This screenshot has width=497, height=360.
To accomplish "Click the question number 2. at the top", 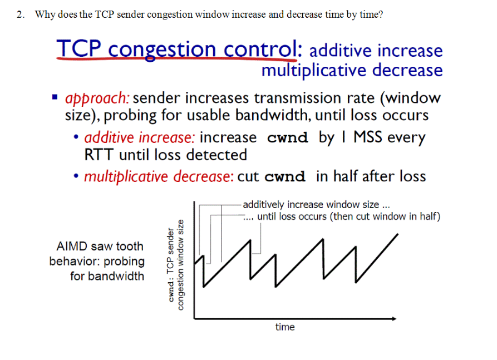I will point(20,14).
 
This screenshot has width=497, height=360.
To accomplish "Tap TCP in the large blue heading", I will point(79,50).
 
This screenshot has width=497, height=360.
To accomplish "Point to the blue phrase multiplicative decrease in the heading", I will point(352,71).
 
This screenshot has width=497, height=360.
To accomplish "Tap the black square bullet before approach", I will point(55,98).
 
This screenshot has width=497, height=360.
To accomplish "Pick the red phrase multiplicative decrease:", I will point(158,177).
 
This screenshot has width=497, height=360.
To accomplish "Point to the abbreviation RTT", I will point(99,155).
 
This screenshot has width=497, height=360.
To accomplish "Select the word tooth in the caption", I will point(129,246).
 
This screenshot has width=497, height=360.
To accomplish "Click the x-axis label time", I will point(284,327).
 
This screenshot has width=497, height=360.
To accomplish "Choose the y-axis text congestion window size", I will point(180,264).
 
